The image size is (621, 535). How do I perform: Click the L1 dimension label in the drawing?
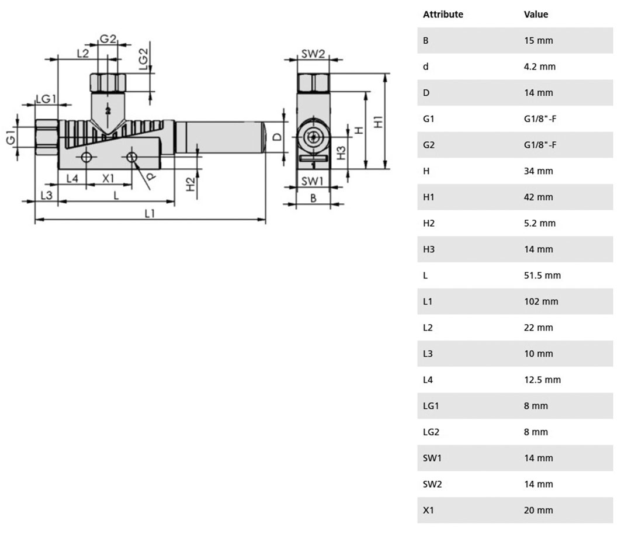click(150, 213)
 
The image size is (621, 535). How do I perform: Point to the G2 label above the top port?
click(107, 39)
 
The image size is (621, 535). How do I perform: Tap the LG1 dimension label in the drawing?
click(46, 99)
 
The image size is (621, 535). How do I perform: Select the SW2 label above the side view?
click(313, 54)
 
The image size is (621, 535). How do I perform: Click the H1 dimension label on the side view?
click(379, 121)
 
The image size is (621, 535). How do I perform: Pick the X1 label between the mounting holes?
click(108, 179)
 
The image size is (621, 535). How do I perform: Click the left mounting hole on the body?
click(86, 157)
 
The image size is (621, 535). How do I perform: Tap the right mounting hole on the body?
click(132, 157)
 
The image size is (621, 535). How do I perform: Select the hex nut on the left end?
click(47, 138)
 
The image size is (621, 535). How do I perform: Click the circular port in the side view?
click(313, 137)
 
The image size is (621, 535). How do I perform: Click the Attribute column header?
click(443, 14)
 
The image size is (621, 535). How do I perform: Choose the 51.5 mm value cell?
click(542, 275)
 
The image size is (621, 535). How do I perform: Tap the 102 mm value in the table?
click(541, 301)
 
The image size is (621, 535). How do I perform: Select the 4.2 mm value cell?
click(539, 67)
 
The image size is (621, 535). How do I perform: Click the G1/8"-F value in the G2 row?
click(540, 145)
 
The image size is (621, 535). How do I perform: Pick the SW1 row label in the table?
click(432, 458)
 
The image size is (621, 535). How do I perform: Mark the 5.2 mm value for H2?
click(539, 223)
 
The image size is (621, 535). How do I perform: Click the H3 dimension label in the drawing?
click(341, 153)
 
